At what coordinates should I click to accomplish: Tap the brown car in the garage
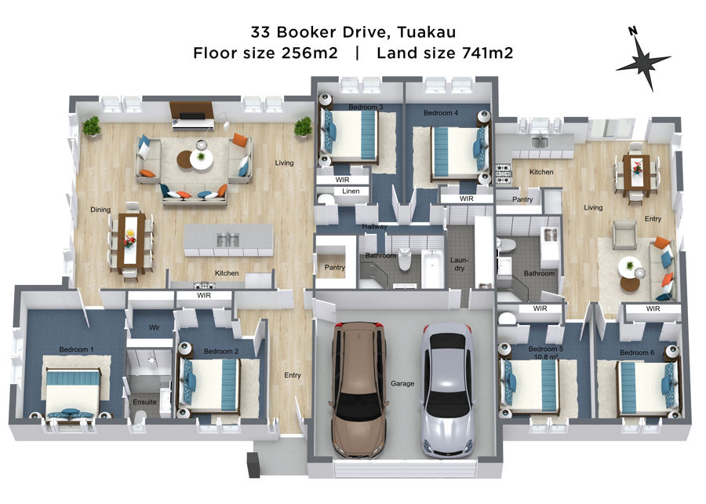click(x=358, y=389)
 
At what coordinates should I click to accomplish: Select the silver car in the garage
click(x=447, y=390)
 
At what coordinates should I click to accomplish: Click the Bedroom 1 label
click(x=77, y=349)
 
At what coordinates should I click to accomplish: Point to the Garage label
click(x=402, y=383)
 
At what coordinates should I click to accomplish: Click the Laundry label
click(x=459, y=264)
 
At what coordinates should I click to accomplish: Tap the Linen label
click(x=351, y=191)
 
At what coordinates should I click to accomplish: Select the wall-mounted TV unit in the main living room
click(x=191, y=115)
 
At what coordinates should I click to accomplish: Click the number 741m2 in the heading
click(x=488, y=53)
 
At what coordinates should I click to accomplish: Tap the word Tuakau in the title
click(x=427, y=32)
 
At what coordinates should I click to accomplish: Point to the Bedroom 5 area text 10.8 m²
click(x=546, y=356)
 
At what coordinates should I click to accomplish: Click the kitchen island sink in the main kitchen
click(x=227, y=239)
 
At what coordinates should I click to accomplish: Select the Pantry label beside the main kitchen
click(x=334, y=267)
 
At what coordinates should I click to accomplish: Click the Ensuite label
click(x=144, y=402)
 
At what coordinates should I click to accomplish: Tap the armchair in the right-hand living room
click(x=624, y=234)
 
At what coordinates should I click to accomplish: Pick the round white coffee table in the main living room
click(x=202, y=159)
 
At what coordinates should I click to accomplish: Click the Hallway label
click(x=375, y=227)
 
